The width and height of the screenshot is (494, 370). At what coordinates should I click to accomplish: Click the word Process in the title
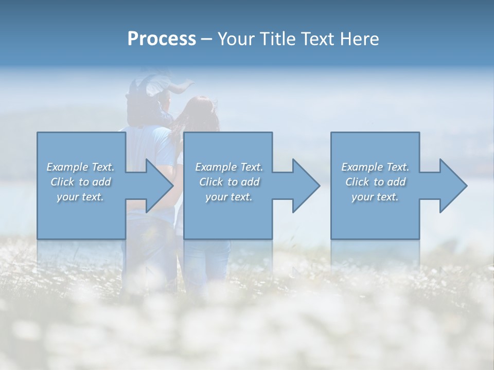(162, 39)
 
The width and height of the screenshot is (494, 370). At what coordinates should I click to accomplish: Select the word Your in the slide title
(237, 39)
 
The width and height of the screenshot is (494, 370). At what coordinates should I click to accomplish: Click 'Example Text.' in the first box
(80, 167)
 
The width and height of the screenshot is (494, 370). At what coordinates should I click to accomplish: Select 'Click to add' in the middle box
(229, 182)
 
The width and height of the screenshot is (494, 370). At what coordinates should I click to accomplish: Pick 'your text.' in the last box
(375, 197)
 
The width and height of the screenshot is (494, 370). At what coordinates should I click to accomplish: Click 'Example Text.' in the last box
(375, 167)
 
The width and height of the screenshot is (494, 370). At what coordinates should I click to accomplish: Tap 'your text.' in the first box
(80, 197)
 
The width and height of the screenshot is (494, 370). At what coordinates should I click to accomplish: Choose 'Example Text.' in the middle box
(229, 167)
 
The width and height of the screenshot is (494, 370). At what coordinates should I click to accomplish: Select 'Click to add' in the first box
(80, 182)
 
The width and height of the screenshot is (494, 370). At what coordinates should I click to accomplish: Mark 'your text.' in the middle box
(229, 197)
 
